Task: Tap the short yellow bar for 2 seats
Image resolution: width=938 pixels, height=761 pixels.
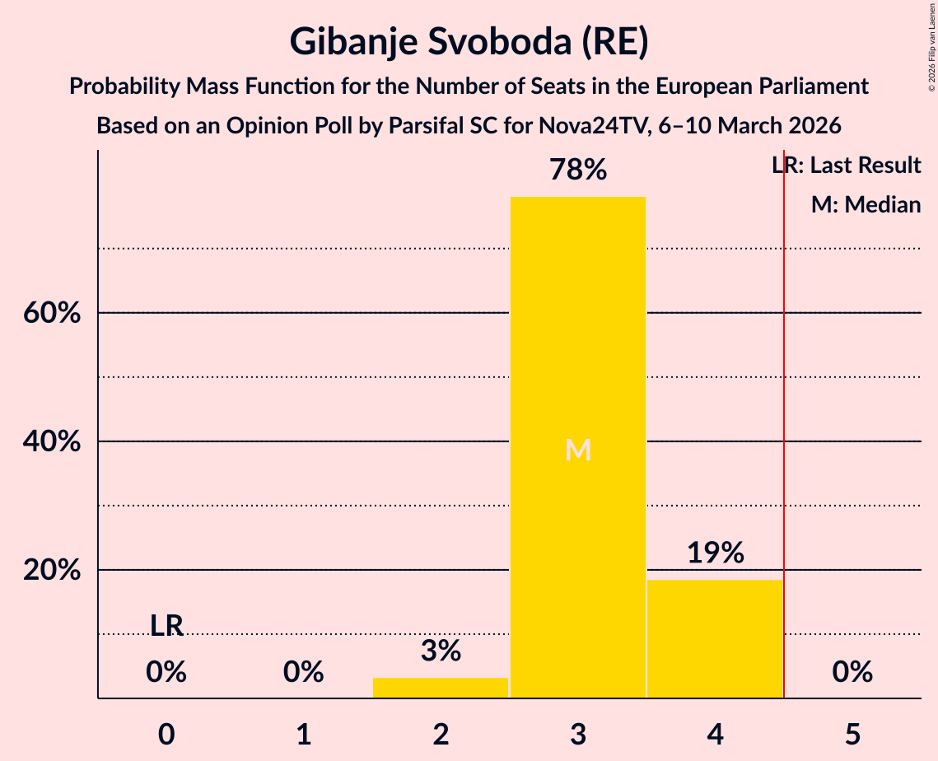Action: (441, 688)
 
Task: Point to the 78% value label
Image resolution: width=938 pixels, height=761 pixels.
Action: (578, 170)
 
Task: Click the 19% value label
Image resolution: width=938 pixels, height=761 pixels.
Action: (715, 553)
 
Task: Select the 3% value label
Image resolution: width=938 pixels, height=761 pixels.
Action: (441, 651)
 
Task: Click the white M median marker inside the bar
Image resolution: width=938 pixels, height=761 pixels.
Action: (578, 450)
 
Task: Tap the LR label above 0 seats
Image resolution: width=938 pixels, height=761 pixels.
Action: (166, 626)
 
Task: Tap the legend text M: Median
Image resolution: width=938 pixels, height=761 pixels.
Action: (866, 204)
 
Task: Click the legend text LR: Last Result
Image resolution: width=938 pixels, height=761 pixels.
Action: (847, 166)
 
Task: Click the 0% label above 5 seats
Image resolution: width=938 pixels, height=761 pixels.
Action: (852, 673)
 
